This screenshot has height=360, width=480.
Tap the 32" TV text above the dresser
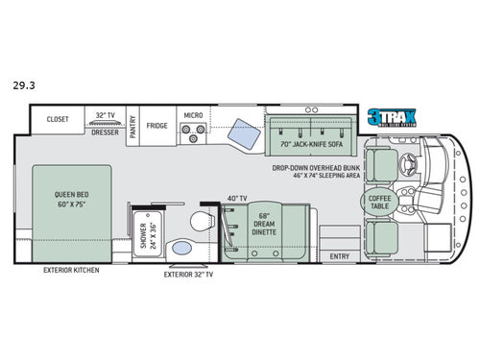pyautogui.click(x=104, y=114)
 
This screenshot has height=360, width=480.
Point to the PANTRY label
pyautogui.click(x=133, y=124)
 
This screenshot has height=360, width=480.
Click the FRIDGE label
pyautogui.click(x=157, y=125)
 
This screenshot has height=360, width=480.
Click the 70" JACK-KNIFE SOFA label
pyautogui.click(x=305, y=145)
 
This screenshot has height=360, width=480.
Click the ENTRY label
pyautogui.click(x=339, y=256)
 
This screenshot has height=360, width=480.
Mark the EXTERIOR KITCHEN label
pyautogui.click(x=71, y=270)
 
